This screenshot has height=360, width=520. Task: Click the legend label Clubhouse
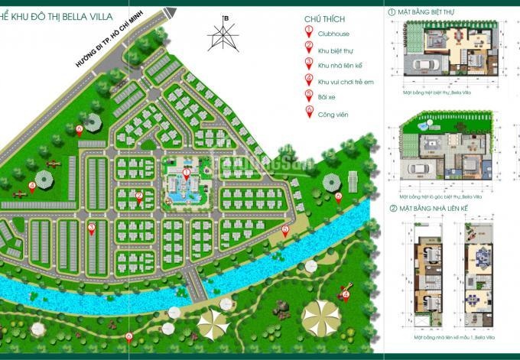pyautogui.click(x=338, y=34)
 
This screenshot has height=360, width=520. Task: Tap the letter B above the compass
pyautogui.click(x=225, y=18)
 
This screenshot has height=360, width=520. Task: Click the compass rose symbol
pyautogui.click(x=225, y=36)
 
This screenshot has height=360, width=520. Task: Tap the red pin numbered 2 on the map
pyautogui.click(x=139, y=196)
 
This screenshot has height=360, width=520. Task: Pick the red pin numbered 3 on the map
pyautogui.click(x=91, y=228)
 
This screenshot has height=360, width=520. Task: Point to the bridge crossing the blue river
pyautogui.click(x=197, y=287)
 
